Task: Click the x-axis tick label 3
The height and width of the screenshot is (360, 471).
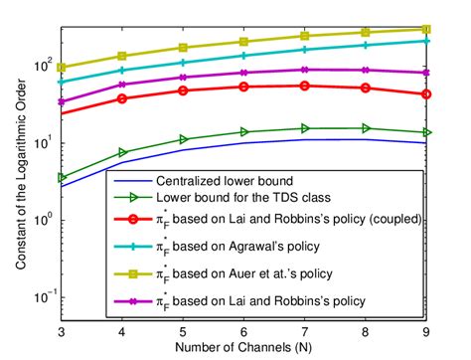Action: (62, 330)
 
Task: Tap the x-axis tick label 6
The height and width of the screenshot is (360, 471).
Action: (243, 330)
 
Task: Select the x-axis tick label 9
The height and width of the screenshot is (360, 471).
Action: (426, 330)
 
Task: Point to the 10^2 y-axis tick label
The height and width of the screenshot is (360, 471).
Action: (44, 67)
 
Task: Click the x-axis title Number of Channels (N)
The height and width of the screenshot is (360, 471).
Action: (243, 347)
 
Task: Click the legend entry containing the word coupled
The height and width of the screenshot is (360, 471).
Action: (288, 222)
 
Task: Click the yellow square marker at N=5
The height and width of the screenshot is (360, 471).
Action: (183, 48)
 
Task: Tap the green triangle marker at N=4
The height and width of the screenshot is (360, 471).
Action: (122, 152)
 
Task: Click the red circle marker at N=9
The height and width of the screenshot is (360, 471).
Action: (426, 93)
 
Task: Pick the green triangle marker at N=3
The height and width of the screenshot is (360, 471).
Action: (62, 178)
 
